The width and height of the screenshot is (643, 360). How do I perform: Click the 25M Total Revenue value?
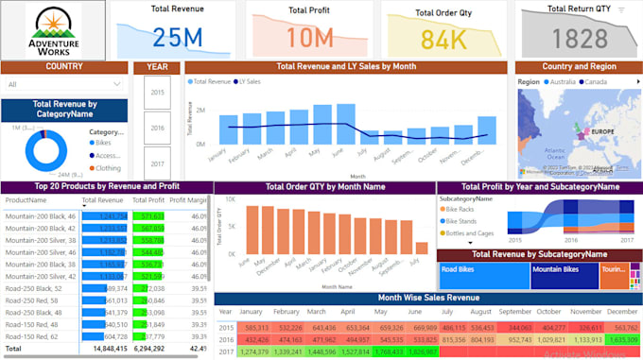click(x=178, y=37)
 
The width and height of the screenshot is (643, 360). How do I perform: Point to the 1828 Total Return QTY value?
click(x=581, y=39)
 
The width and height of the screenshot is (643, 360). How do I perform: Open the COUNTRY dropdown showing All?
click(x=64, y=84)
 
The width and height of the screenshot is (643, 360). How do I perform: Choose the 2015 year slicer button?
click(x=157, y=93)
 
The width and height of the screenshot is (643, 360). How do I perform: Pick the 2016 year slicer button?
click(x=157, y=128)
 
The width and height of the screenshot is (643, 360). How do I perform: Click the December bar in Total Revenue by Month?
click(x=487, y=129)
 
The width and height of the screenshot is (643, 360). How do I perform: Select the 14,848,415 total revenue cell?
click(x=104, y=348)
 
